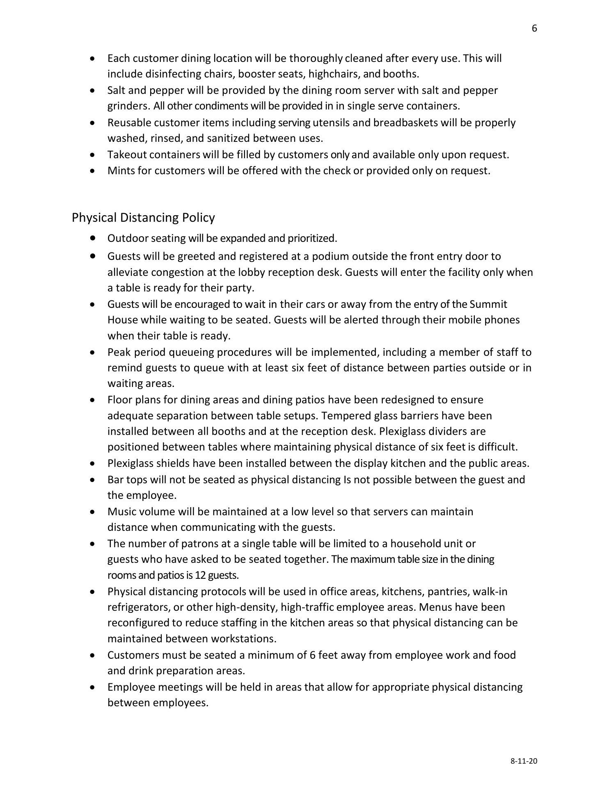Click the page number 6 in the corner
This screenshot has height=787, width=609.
534,28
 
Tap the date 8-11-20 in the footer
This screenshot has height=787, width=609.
524,761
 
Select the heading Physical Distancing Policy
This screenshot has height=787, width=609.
143,217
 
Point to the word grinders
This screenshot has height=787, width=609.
128,106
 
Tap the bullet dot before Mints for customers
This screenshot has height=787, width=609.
94,171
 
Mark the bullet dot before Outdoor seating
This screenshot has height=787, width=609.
94,238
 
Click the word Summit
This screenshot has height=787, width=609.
488,304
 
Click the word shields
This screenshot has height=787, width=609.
172,463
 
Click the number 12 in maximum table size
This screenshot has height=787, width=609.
200,575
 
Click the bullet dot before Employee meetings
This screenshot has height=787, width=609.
94,687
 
